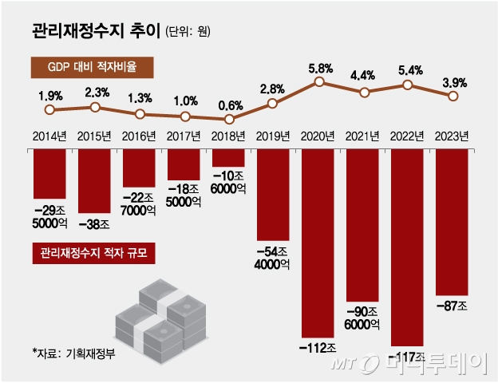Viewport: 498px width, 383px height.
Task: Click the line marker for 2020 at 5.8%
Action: (x=319, y=81)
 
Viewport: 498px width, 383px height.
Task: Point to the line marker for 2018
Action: (x=229, y=119)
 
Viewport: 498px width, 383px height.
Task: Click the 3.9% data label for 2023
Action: (x=453, y=82)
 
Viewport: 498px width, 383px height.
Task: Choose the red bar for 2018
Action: (x=229, y=158)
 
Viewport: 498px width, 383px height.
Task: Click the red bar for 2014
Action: (x=49, y=173)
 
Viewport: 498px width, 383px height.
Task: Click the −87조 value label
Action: (x=453, y=304)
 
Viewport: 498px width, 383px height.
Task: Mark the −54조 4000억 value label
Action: (x=274, y=259)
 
